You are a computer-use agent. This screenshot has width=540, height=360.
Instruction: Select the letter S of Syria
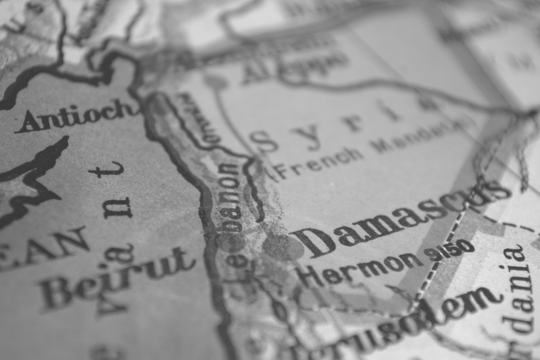pos(264,141)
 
